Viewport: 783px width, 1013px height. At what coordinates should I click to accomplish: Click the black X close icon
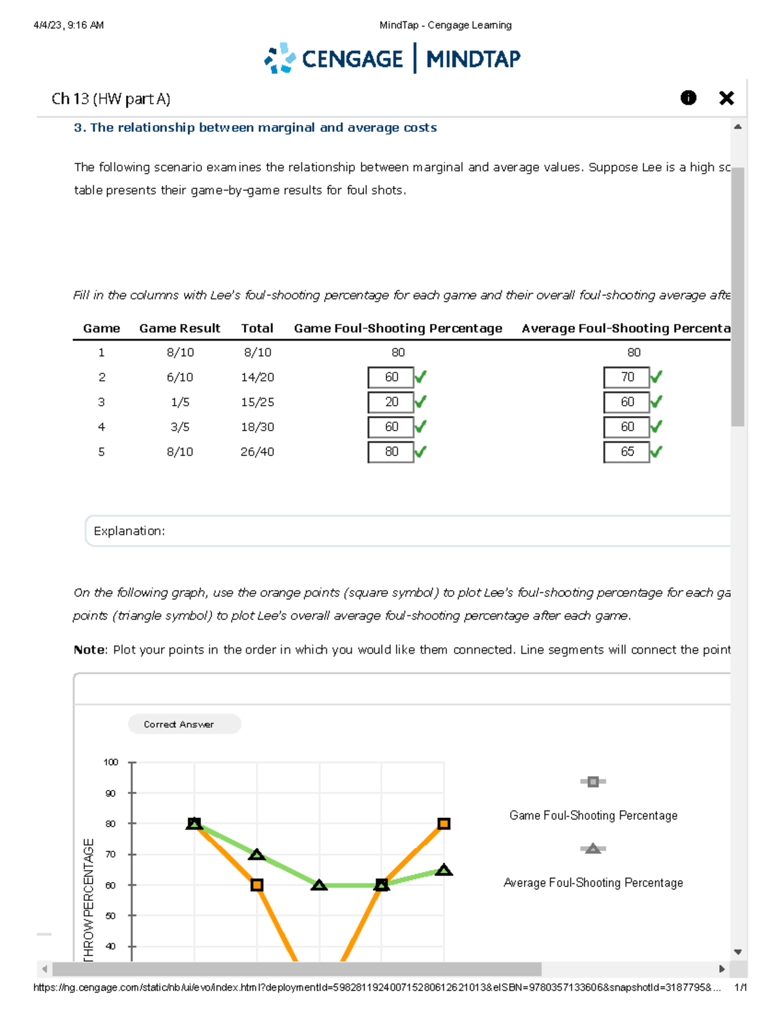tap(726, 98)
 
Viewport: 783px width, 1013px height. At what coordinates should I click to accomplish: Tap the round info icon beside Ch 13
tap(688, 98)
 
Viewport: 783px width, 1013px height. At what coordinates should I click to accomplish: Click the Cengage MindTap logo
tap(392, 59)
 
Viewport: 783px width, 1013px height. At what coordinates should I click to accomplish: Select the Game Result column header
tap(179, 328)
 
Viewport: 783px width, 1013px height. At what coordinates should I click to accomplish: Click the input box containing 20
tap(390, 402)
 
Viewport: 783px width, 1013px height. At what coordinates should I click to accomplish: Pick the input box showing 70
tap(626, 377)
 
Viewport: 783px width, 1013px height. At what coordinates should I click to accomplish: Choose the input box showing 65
tap(626, 451)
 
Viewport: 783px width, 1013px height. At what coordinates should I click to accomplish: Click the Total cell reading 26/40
tap(257, 451)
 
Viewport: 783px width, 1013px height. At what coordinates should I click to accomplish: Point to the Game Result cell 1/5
tap(179, 402)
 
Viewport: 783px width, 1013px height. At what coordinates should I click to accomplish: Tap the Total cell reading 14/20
tap(257, 377)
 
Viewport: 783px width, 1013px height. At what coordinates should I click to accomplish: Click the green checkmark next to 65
tap(656, 451)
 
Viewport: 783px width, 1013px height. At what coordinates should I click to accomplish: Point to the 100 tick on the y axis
tap(111, 762)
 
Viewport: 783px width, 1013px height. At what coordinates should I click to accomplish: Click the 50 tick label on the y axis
tap(111, 916)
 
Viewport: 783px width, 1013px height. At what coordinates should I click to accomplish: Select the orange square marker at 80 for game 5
tap(444, 824)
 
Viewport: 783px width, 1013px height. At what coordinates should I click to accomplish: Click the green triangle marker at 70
tap(256, 854)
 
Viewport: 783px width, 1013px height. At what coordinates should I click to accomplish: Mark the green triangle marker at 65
tap(444, 870)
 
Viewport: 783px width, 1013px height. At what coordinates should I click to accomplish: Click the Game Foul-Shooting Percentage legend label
tap(593, 815)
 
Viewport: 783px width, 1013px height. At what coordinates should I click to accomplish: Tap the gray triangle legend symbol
tap(592, 849)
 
